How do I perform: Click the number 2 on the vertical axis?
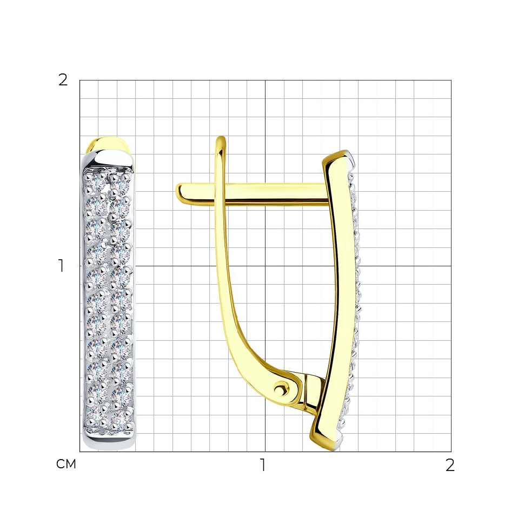coord(63,80)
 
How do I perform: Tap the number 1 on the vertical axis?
coord(61,266)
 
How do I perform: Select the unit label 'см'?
coord(67,464)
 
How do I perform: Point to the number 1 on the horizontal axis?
coord(263,465)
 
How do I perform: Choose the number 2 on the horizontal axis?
coord(450,465)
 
